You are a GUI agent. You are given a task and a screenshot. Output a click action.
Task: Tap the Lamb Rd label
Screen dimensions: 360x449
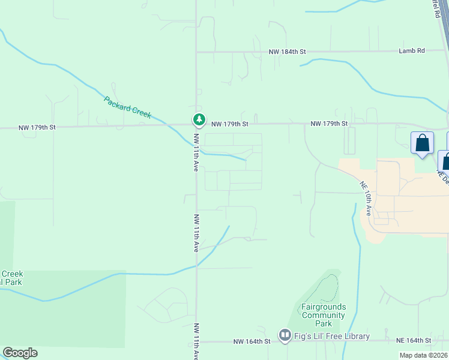pos(411,51)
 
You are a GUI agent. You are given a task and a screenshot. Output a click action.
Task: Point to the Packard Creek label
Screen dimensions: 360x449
pos(127,107)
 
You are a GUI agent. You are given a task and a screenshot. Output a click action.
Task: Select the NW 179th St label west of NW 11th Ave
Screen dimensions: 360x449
pos(37,127)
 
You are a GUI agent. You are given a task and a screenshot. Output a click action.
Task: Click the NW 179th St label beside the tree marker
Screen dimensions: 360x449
pos(229,124)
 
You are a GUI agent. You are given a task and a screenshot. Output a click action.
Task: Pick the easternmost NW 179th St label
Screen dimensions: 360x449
pos(329,124)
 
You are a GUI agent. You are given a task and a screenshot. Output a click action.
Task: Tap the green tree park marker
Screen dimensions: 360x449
pos(198,119)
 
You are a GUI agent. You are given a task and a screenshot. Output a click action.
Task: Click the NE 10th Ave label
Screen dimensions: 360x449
pos(367,196)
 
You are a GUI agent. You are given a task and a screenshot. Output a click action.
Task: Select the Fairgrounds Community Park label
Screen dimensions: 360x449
pos(324,315)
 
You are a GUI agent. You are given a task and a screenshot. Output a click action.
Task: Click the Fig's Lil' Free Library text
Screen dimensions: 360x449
pos(332,336)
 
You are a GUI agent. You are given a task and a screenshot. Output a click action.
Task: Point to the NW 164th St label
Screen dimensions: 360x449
pos(252,341)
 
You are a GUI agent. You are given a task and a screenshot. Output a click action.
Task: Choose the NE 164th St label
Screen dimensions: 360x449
pos(414,340)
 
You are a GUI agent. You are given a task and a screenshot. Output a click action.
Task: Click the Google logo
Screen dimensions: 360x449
pos(20,353)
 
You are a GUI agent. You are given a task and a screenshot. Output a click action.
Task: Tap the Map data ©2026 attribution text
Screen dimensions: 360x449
pos(423,355)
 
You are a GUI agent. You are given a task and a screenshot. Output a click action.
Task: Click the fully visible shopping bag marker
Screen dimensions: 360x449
pos(422,143)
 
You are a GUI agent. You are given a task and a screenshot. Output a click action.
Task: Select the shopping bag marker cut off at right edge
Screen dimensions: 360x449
pos(445,161)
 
